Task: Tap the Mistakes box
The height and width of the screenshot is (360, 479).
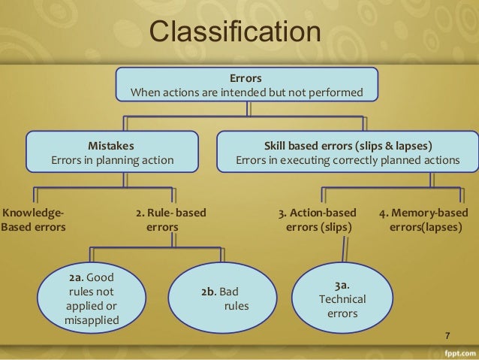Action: tap(112, 152)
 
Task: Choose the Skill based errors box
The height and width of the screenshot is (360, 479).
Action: tap(348, 152)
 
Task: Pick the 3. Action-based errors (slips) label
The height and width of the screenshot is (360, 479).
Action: tap(317, 219)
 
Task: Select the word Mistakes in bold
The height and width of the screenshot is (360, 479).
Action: tap(112, 144)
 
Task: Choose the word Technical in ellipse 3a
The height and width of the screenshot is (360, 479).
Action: tap(342, 300)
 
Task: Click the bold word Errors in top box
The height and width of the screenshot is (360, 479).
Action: tap(246, 77)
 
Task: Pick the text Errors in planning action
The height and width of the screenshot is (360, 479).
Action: tap(112, 159)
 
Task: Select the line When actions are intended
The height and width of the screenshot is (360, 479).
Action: tap(246, 92)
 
